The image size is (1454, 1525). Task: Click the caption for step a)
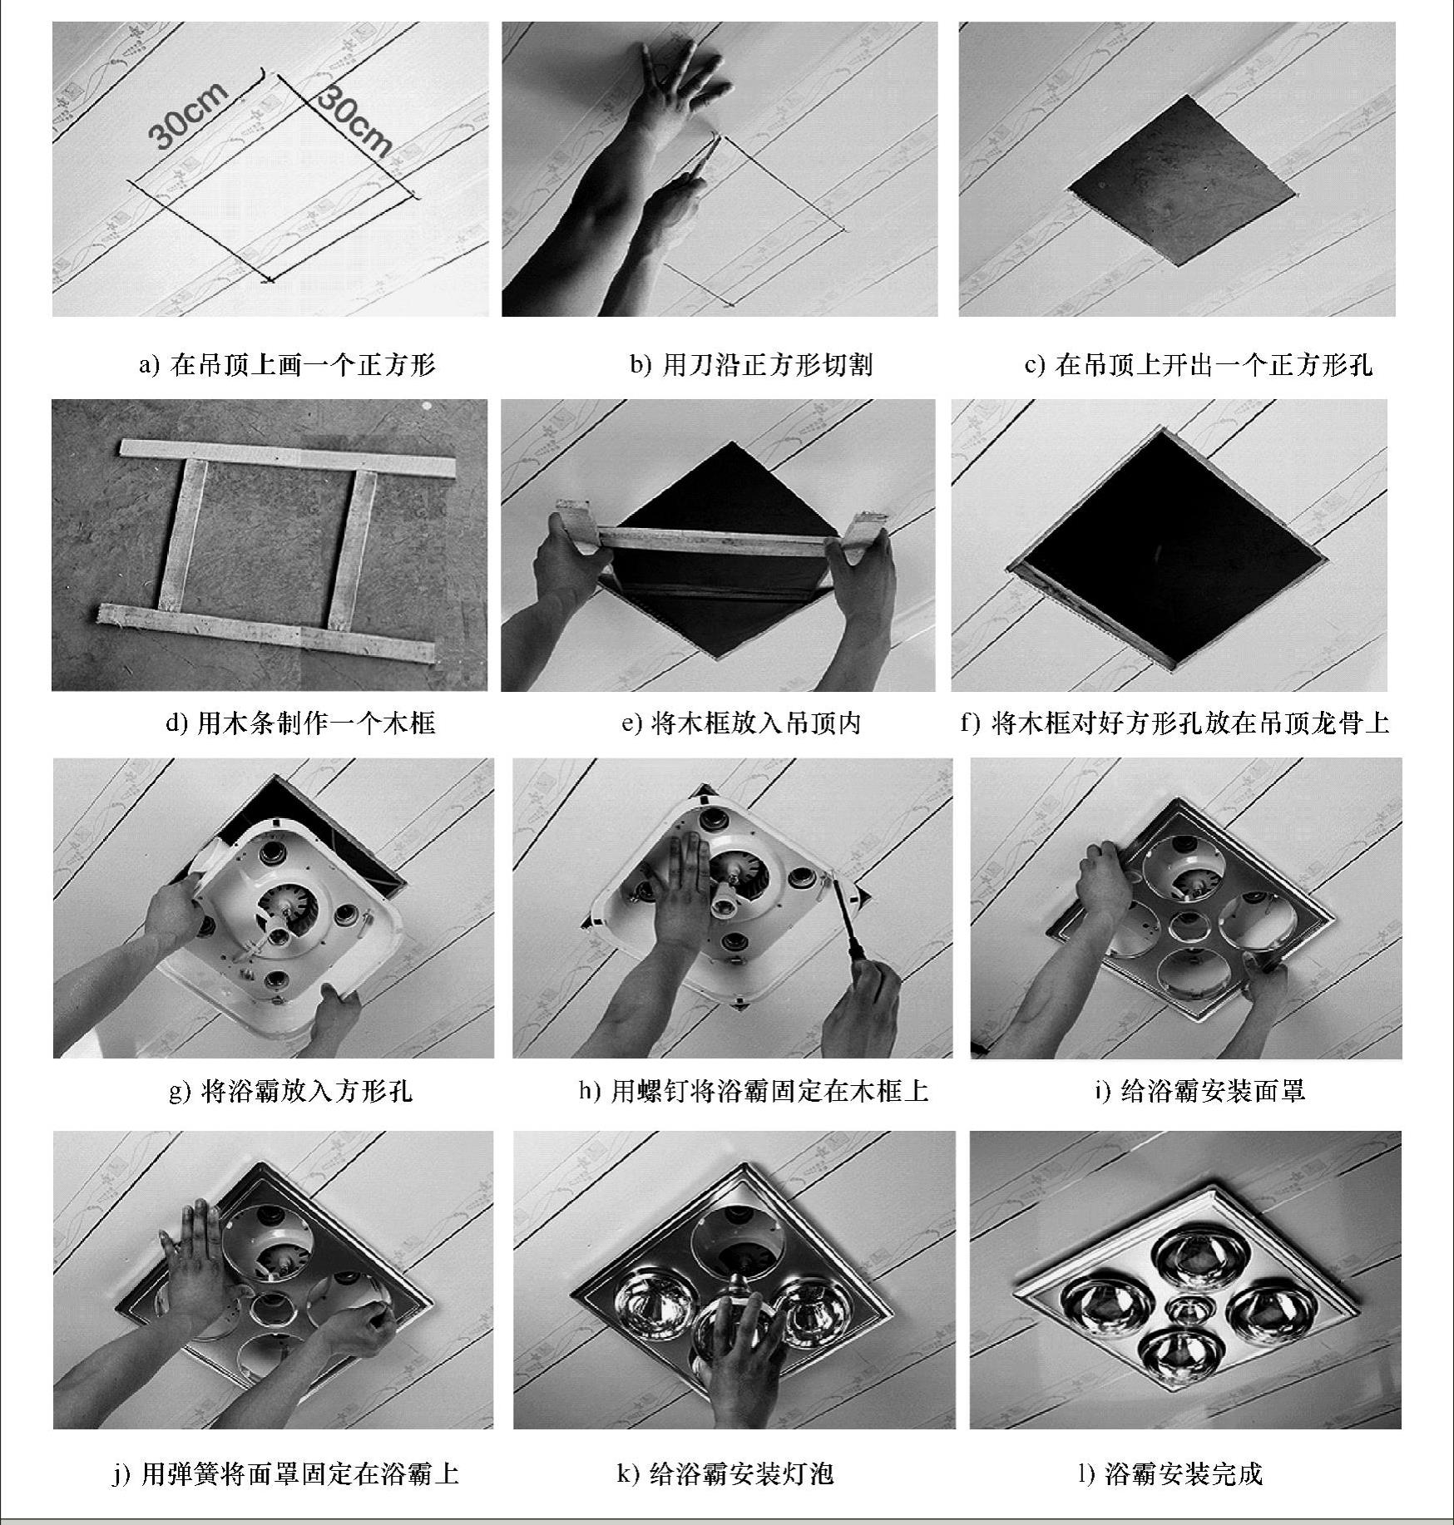tap(287, 364)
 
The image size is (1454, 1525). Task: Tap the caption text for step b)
tap(751, 364)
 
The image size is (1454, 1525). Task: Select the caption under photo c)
tap(1198, 364)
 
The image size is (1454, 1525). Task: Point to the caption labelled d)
tap(300, 722)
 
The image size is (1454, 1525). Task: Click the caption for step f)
tap(1175, 722)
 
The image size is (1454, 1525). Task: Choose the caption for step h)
tap(754, 1089)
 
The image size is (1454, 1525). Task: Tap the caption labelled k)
tap(725, 1473)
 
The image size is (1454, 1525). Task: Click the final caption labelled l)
tap(1170, 1473)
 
